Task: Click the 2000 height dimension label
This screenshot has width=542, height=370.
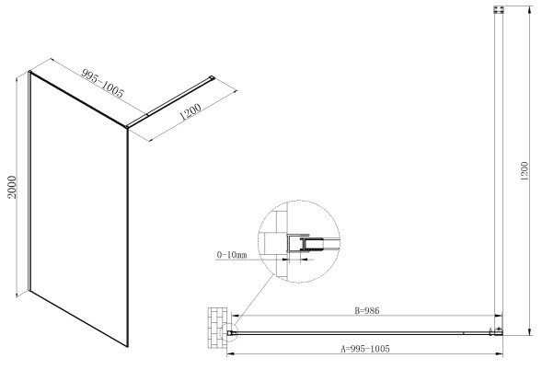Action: pyautogui.click(x=13, y=187)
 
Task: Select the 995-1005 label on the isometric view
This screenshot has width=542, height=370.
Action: pyautogui.click(x=102, y=83)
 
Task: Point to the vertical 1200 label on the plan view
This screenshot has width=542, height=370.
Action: pyautogui.click(x=525, y=171)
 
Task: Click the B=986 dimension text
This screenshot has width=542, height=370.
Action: pyautogui.click(x=367, y=310)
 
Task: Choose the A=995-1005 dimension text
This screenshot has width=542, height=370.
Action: pyautogui.click(x=365, y=349)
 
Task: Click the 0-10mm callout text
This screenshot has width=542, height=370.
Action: pyautogui.click(x=232, y=255)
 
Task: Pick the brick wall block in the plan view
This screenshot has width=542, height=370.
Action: pyautogui.click(x=217, y=328)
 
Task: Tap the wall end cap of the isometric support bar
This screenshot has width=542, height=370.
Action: pyautogui.click(x=212, y=78)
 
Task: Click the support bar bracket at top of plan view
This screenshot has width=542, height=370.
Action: pyautogui.click(x=499, y=9)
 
